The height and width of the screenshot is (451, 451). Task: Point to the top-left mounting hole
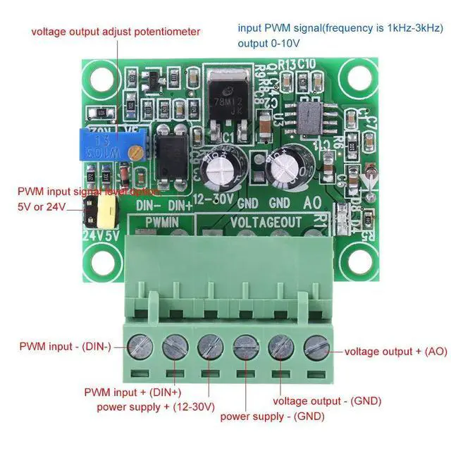tap(99, 75)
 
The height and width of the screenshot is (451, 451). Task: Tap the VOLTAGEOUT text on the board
tap(266, 222)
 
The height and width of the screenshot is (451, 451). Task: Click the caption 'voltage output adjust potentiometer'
tap(115, 32)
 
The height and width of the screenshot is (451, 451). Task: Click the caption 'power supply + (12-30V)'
tap(156, 407)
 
